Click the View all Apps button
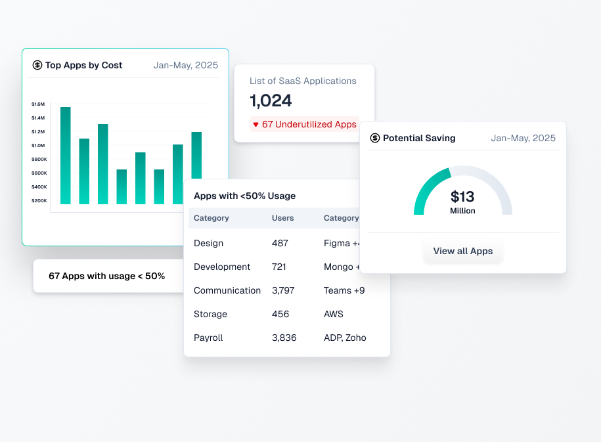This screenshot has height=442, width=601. click(x=462, y=251)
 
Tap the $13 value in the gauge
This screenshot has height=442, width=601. click(x=462, y=196)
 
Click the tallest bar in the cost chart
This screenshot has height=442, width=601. click(x=65, y=155)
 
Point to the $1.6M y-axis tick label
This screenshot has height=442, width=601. click(x=38, y=104)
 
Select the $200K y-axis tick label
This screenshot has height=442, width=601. click(x=39, y=200)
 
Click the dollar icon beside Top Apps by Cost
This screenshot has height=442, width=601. click(x=37, y=65)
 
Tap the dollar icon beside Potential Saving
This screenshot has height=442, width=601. click(x=375, y=138)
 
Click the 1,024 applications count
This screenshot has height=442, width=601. click(x=271, y=100)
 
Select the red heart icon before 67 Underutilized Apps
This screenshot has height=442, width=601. click(x=256, y=124)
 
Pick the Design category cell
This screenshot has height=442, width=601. click(x=208, y=243)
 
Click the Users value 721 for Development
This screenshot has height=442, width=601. click(x=280, y=267)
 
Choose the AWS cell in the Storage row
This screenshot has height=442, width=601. click(x=334, y=314)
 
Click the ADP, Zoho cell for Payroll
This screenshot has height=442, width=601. click(x=345, y=338)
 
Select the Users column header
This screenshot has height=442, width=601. click(x=282, y=218)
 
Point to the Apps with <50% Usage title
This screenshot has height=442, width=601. click(x=244, y=196)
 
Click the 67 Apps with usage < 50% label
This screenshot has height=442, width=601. click(x=106, y=276)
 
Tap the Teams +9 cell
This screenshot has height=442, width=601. click(x=344, y=290)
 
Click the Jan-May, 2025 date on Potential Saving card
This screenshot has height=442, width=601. click(x=523, y=138)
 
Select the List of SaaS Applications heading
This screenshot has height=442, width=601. click(x=303, y=81)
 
